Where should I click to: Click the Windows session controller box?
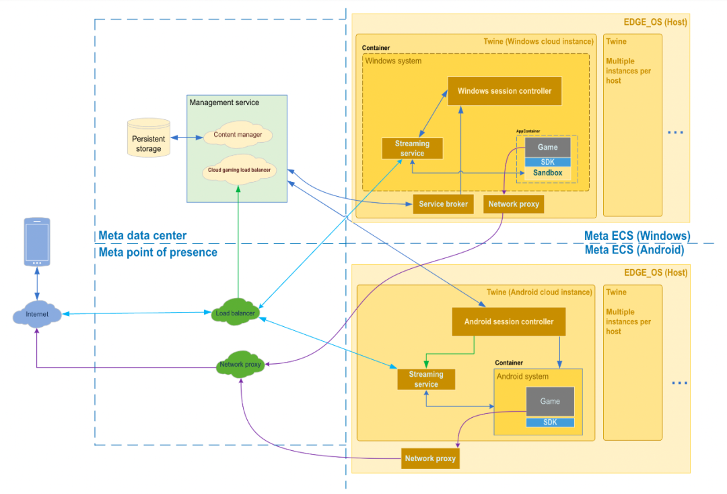(x=505, y=91)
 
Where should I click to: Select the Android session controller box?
(x=508, y=322)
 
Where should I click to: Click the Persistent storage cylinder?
(x=148, y=139)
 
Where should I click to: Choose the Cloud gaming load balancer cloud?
(x=238, y=171)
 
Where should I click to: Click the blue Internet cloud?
(x=37, y=314)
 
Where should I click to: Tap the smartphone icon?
(x=37, y=241)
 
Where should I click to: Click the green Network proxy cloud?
(x=240, y=365)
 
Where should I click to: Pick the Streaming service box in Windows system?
(x=412, y=148)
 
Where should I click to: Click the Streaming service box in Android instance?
(x=426, y=379)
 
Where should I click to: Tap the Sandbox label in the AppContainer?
(x=548, y=173)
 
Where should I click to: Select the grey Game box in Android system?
(x=550, y=402)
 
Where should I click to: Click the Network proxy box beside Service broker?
(x=513, y=204)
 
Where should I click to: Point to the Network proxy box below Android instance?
(x=429, y=458)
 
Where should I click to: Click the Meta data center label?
(x=142, y=236)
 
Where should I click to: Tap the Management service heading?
(x=224, y=102)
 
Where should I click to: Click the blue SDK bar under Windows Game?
(x=547, y=162)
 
